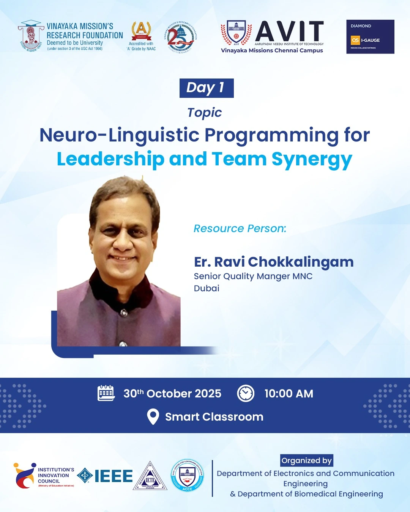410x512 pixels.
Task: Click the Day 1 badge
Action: [207, 88]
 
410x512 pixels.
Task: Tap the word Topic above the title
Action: [204, 113]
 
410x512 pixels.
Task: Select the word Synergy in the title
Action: [312, 159]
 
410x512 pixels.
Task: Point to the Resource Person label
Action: [240, 228]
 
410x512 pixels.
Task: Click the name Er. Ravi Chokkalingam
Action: [274, 262]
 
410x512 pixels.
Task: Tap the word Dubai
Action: [207, 288]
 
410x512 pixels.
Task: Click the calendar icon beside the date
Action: [106, 393]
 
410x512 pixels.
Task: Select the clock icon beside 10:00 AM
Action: [246, 393]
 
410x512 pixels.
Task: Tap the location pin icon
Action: [153, 416]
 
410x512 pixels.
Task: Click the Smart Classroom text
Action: [214, 417]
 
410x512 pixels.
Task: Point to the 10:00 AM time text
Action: [289, 394]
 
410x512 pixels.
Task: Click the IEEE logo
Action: [105, 476]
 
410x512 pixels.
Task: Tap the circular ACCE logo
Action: [187, 475]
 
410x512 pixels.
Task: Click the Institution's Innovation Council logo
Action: [44, 476]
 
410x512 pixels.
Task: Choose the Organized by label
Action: [306, 460]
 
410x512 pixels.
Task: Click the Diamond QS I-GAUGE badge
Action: [370, 37]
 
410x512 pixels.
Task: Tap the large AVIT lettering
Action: [290, 31]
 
